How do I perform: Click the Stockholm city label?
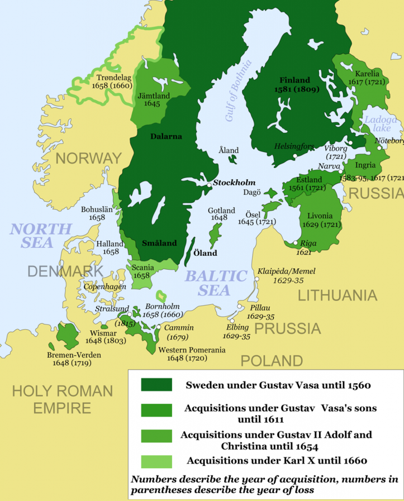tap(234, 183)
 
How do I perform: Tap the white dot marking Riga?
tap(295, 243)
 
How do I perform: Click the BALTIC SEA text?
tap(216, 283)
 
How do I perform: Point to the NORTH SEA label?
tap(40, 235)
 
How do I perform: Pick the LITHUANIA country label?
tap(337, 295)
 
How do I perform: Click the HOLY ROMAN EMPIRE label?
tap(62, 399)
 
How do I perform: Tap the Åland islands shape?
tap(231, 160)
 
